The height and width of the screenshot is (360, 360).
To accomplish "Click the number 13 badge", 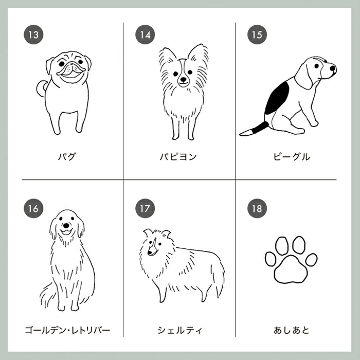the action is [33, 34].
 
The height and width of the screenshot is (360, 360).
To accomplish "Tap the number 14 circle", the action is [145, 34].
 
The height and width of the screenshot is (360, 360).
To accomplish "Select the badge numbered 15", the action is [257, 34].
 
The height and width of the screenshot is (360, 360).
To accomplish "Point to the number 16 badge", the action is [33, 208].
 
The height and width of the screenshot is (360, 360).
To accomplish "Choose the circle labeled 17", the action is [145, 208].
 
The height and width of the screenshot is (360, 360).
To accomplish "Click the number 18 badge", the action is [257, 208].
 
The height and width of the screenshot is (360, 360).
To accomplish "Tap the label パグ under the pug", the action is [66, 156].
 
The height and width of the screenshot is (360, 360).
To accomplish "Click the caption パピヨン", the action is [178, 156].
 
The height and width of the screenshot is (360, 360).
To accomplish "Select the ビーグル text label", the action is [292, 156].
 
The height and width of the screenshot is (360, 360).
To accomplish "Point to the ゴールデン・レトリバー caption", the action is [67, 330].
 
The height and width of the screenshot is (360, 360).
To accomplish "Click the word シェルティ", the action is [180, 330].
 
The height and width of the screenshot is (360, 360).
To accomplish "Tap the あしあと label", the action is [292, 330].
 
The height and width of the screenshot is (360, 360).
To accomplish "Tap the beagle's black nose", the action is [333, 68].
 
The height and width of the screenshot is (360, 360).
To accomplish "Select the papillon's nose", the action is [183, 79].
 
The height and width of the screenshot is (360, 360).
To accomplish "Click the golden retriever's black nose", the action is [66, 225].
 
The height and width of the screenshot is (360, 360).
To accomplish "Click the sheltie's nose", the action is [150, 253].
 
